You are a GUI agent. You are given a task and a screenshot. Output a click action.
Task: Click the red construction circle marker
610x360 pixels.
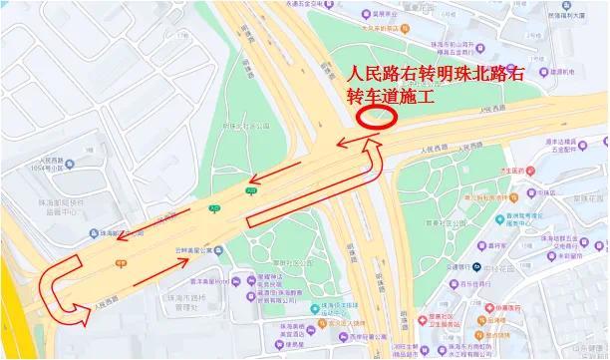378,116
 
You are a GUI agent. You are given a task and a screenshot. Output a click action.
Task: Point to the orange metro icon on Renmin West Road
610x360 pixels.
120,263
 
